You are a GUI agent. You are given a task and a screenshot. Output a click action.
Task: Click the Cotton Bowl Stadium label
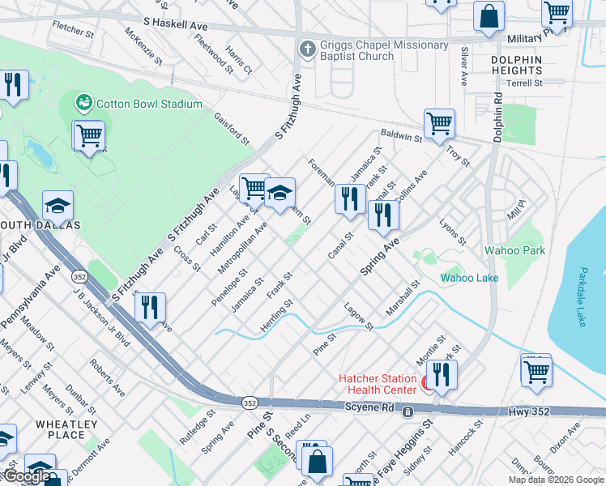pyautogui.click(x=149, y=104)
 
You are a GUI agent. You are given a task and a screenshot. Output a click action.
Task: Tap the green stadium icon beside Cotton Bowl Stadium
pyautogui.click(x=83, y=103)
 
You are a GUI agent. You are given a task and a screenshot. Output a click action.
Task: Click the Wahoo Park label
pyautogui.click(x=514, y=250)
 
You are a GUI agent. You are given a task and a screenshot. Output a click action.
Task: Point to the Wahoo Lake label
pyautogui.click(x=469, y=279)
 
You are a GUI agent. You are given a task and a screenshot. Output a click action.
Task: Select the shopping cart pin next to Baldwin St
pyautogui.click(x=439, y=124)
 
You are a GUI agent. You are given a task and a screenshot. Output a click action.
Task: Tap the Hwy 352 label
pyautogui.click(x=530, y=411)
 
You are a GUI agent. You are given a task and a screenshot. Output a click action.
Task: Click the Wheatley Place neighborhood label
pyautogui.click(x=66, y=429)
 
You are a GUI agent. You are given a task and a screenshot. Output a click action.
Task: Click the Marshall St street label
pyautogui.click(x=403, y=298)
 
